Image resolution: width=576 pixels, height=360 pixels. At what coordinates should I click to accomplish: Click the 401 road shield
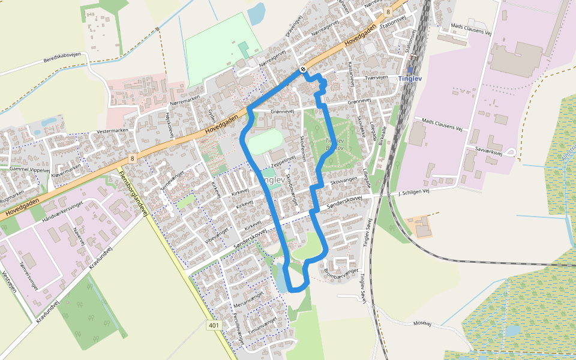coord(214,325)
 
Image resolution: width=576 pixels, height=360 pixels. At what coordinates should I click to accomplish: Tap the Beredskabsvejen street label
coord(62,60)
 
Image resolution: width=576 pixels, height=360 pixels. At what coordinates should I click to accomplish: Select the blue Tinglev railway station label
coord(410,79)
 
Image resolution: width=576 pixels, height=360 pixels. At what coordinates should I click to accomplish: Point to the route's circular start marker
coord(304,69)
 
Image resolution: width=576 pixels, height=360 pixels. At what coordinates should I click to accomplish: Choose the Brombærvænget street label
coord(341,271)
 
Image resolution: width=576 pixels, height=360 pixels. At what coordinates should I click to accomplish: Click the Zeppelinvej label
coord(284,162)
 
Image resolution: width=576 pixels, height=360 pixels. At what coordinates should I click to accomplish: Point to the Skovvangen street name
coord(344,181)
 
